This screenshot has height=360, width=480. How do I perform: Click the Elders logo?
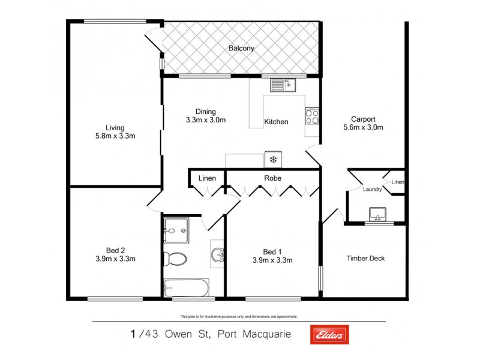click(x=328, y=335)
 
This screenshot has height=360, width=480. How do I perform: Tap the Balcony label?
click(x=241, y=48)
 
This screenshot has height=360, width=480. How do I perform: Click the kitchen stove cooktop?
click(x=312, y=115)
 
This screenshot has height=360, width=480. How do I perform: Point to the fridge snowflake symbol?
click(x=273, y=160)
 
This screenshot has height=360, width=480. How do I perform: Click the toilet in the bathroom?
click(x=174, y=259)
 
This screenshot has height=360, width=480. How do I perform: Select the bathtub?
click(x=186, y=288)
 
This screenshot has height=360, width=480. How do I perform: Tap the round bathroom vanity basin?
click(x=218, y=255)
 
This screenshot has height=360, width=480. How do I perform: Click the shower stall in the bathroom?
click(x=175, y=230)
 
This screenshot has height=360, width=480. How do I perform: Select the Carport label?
click(x=363, y=118)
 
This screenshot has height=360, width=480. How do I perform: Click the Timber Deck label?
click(x=365, y=259)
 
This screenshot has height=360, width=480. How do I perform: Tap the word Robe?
click(x=272, y=178)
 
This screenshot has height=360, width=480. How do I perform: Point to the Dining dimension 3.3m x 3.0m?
click(x=206, y=119)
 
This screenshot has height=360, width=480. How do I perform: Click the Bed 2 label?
click(x=115, y=251)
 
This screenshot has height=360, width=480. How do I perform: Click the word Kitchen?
click(x=276, y=122)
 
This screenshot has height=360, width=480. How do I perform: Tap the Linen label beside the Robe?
click(x=207, y=178)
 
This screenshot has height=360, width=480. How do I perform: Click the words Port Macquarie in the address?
click(x=259, y=335)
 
